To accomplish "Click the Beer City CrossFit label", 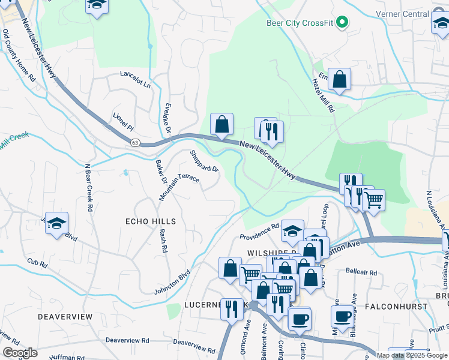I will coord(300,23).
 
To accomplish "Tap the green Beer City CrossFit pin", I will coord(343,23).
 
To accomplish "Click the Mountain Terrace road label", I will coord(179,187).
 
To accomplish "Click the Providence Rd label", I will coord(259,230).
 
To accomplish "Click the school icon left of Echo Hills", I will coord(56,223).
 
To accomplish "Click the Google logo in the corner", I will coord(19,352).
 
